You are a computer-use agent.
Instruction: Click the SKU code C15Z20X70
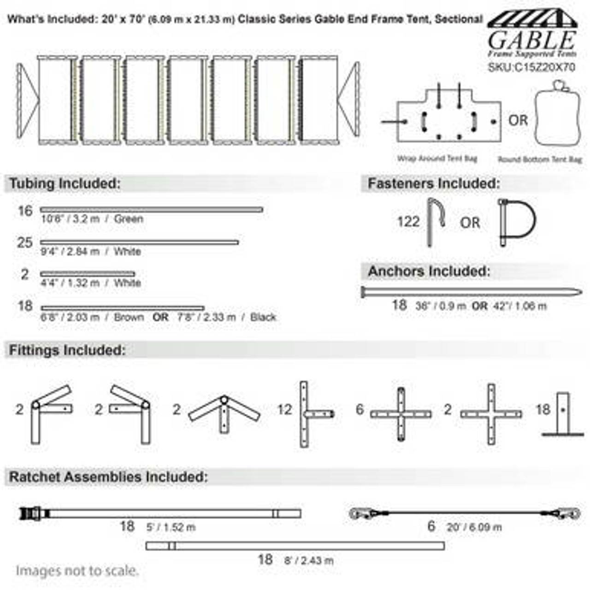pos(531,67)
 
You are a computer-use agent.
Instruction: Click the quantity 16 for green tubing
pos(25,211)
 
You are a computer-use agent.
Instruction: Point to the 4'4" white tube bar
pos(88,274)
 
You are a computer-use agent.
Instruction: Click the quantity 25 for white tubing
pos(25,242)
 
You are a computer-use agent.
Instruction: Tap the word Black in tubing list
pos(263,317)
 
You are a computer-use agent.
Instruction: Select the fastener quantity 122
pos(408,222)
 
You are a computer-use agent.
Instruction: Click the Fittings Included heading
pos(67,350)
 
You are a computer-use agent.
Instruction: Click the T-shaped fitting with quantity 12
pos(311,413)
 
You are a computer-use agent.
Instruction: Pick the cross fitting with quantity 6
pos(401,414)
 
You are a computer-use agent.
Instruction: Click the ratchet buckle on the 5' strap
pos(32,513)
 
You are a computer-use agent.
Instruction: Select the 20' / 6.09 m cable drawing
pos(465,513)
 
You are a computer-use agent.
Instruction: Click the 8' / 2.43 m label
pos(308,560)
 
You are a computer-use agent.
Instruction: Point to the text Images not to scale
pos(77,571)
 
